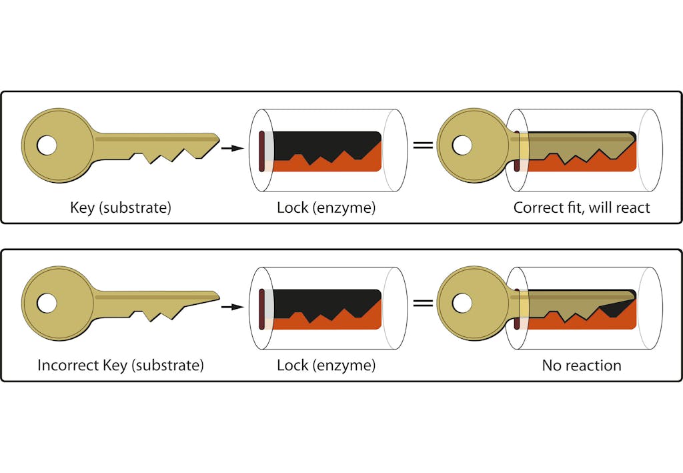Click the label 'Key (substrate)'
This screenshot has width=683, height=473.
click(121, 207)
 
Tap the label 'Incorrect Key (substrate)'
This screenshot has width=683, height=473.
click(121, 366)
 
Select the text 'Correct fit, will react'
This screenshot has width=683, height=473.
click(581, 207)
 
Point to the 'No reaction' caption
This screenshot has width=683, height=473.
click(582, 366)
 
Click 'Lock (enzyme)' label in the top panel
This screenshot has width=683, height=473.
click(326, 207)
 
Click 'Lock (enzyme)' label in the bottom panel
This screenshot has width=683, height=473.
click(326, 366)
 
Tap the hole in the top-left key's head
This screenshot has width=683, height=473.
click(47, 145)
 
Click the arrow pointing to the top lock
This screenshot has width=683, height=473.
click(231, 148)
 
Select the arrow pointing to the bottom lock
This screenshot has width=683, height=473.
click(231, 306)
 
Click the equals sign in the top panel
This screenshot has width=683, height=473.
click(423, 145)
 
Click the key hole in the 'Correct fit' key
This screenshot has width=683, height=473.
click(462, 145)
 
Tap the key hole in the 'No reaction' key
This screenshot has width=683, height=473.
click(462, 304)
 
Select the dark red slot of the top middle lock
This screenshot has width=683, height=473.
click(262, 151)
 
